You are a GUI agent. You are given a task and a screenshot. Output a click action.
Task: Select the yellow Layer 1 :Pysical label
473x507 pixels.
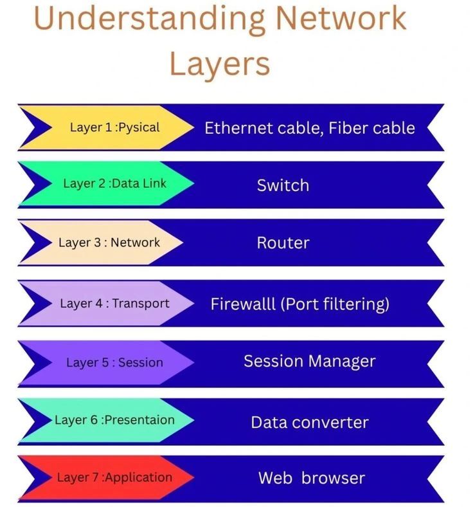pos(114,127)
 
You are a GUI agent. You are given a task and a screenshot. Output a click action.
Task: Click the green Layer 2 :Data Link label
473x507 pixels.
pos(114,183)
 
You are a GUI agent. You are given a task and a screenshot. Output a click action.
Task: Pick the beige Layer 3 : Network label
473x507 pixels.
pos(109,243)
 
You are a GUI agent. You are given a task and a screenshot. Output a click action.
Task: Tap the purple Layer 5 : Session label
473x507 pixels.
pos(114,362)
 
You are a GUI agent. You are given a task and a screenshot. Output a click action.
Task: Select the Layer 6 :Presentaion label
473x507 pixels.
pos(114,419)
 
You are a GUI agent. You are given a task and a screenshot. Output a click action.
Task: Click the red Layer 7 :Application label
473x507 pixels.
pos(114,477)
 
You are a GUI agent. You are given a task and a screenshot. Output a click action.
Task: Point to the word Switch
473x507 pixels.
pos(283,185)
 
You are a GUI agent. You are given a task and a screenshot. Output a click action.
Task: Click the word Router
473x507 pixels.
pos(283,243)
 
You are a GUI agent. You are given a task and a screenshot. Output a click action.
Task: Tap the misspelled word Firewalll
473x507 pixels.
pos(244,304)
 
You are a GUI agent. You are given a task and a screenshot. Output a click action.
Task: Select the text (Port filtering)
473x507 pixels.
pos(335,304)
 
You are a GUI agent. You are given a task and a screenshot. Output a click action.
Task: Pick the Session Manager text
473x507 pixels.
pos(309,361)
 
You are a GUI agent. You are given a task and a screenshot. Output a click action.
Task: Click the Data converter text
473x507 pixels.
pos(309,422)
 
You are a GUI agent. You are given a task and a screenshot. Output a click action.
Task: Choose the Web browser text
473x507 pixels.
pos(311,478)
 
